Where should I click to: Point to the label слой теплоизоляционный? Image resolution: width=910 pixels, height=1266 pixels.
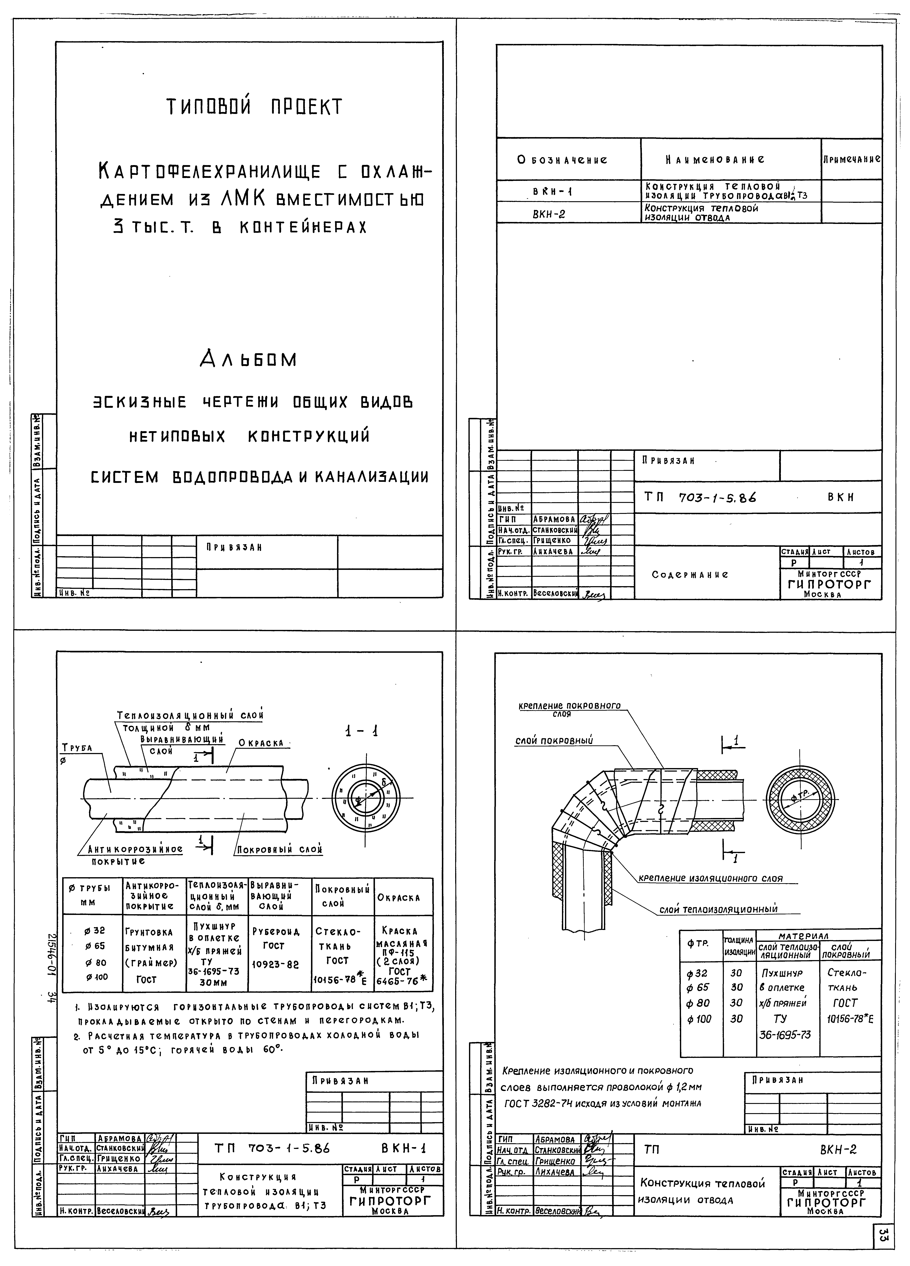click(719, 909)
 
